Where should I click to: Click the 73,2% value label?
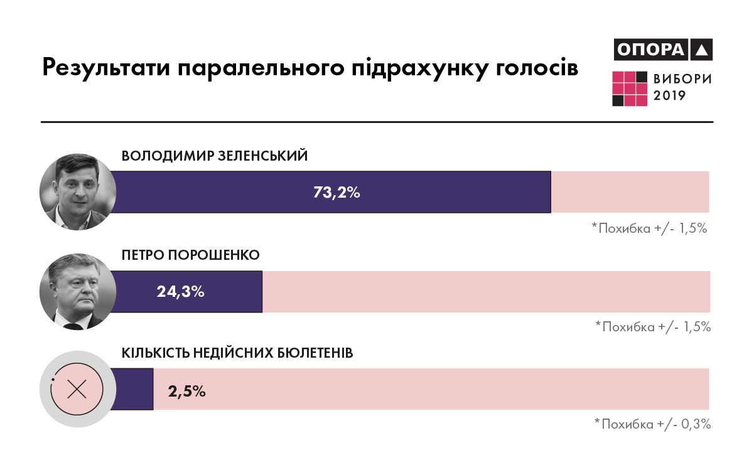[336, 193]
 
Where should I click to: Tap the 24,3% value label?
[180, 292]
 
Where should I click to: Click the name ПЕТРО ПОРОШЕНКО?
[190, 255]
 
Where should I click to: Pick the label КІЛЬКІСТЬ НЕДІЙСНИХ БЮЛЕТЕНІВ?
[237, 353]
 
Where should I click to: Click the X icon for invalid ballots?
[77, 390]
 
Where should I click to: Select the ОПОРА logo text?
[650, 50]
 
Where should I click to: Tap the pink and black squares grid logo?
[630, 88]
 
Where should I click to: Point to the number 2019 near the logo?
[670, 96]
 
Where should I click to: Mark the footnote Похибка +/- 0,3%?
[653, 424]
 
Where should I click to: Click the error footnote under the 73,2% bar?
[650, 228]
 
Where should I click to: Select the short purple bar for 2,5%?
[132, 390]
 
